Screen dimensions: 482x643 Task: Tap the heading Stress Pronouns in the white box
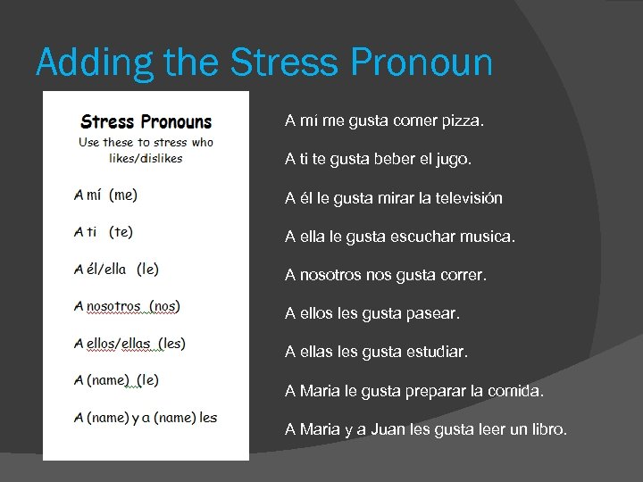point(146,121)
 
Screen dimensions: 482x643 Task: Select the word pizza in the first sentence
point(464,120)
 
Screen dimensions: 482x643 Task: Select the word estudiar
point(437,353)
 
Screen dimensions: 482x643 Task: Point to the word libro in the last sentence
point(547,430)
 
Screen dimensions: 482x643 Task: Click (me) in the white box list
point(123,195)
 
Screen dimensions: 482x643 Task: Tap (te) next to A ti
point(121,232)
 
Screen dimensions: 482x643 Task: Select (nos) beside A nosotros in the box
point(164,306)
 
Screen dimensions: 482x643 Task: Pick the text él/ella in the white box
point(106,269)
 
